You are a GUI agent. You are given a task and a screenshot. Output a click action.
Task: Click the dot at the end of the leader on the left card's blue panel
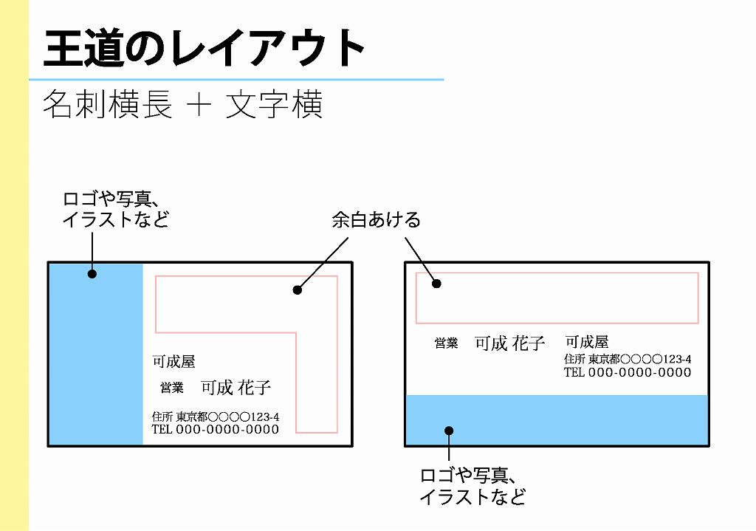(x=92, y=274)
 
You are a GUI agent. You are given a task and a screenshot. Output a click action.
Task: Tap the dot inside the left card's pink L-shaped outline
(x=298, y=290)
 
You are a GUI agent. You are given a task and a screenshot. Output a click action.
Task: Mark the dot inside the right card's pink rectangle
(x=436, y=284)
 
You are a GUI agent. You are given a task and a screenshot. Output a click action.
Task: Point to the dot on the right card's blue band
(x=449, y=431)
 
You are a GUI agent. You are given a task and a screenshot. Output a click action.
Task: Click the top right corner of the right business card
(x=709, y=263)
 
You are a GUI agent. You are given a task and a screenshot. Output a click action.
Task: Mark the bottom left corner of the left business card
(x=48, y=445)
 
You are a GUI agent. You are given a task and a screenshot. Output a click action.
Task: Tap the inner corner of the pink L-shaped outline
(x=296, y=333)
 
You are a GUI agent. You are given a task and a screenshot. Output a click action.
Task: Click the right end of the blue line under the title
(x=444, y=79)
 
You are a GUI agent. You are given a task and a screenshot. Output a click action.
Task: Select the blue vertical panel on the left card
(x=96, y=354)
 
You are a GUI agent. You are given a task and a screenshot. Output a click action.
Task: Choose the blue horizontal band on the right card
(x=557, y=419)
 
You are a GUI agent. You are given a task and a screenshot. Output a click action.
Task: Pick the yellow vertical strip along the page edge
(x=15, y=265)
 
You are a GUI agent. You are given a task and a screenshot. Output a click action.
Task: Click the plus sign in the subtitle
(x=199, y=104)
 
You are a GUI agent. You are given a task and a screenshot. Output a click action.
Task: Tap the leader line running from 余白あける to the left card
(x=323, y=264)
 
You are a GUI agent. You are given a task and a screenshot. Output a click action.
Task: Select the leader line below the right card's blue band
(x=449, y=445)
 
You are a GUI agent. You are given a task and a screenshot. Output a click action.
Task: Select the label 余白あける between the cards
(x=376, y=220)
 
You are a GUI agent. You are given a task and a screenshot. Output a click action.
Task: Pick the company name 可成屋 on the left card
(x=173, y=361)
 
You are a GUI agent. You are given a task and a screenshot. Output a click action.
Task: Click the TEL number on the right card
(x=628, y=372)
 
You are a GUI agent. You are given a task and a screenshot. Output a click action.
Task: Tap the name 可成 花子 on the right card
(x=509, y=343)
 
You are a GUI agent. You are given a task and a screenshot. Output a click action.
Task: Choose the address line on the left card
(x=215, y=417)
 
